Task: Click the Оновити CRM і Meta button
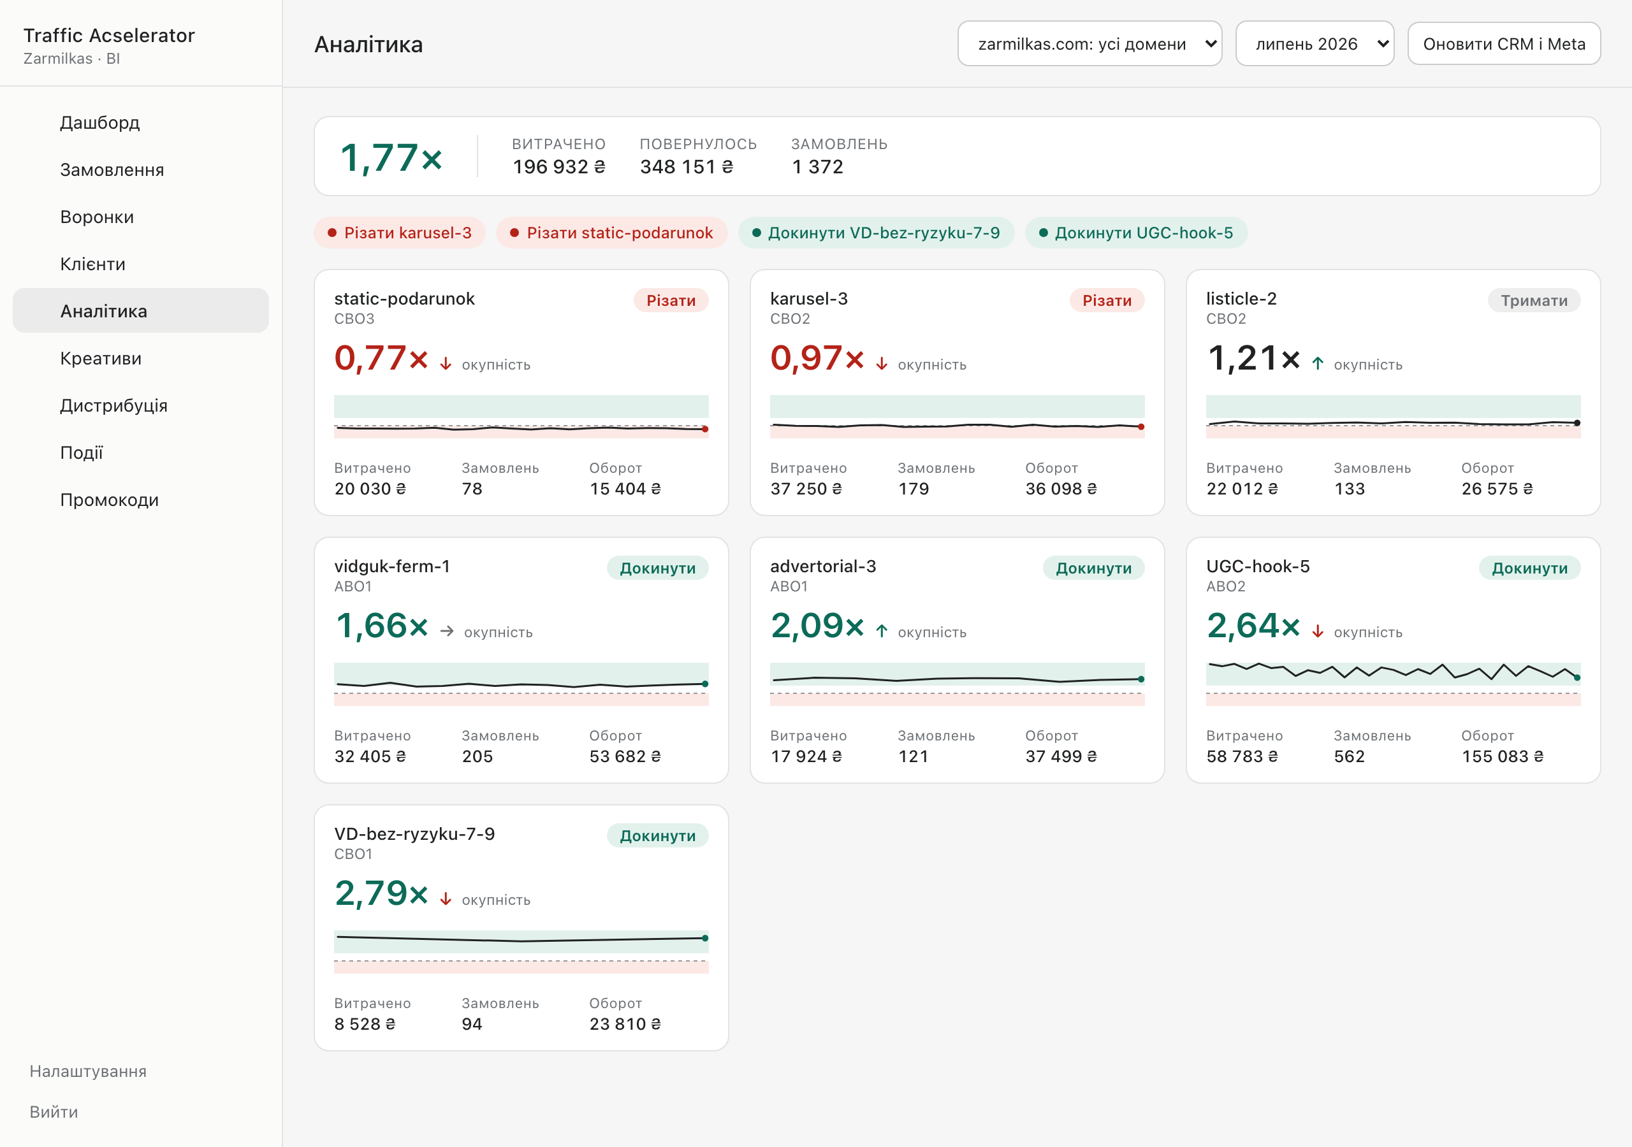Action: pyautogui.click(x=1503, y=44)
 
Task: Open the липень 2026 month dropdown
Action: pyautogui.click(x=1315, y=44)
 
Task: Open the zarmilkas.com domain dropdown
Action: pyautogui.click(x=1089, y=44)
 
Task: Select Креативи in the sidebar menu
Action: pyautogui.click(x=101, y=358)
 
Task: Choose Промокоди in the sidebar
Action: pyautogui.click(x=110, y=500)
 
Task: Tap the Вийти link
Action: pyautogui.click(x=54, y=1111)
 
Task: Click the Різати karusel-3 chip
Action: pyautogui.click(x=400, y=233)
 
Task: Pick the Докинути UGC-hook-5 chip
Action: pyautogui.click(x=1136, y=233)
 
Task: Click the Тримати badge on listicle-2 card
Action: pyautogui.click(x=1534, y=301)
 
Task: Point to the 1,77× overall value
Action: pyautogui.click(x=391, y=157)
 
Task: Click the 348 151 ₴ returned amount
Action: pyautogui.click(x=687, y=166)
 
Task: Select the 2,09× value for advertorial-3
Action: pyautogui.click(x=817, y=625)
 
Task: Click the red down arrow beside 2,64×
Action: pyautogui.click(x=1318, y=631)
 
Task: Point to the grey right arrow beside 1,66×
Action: pyautogui.click(x=446, y=631)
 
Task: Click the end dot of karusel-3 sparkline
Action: pyautogui.click(x=1141, y=427)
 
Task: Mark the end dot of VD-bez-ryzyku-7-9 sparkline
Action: pyautogui.click(x=705, y=938)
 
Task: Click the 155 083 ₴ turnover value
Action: pyautogui.click(x=1503, y=756)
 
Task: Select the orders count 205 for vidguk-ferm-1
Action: pyautogui.click(x=477, y=756)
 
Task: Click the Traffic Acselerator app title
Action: pyautogui.click(x=109, y=36)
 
